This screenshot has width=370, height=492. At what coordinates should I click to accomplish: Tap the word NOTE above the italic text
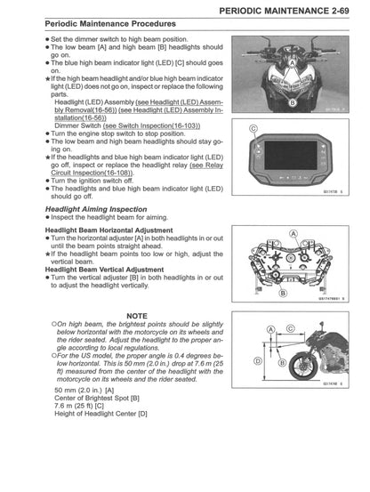(x=137, y=316)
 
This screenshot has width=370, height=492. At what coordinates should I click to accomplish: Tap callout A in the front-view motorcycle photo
(x=292, y=62)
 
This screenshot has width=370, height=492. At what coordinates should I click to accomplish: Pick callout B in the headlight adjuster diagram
(x=284, y=293)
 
